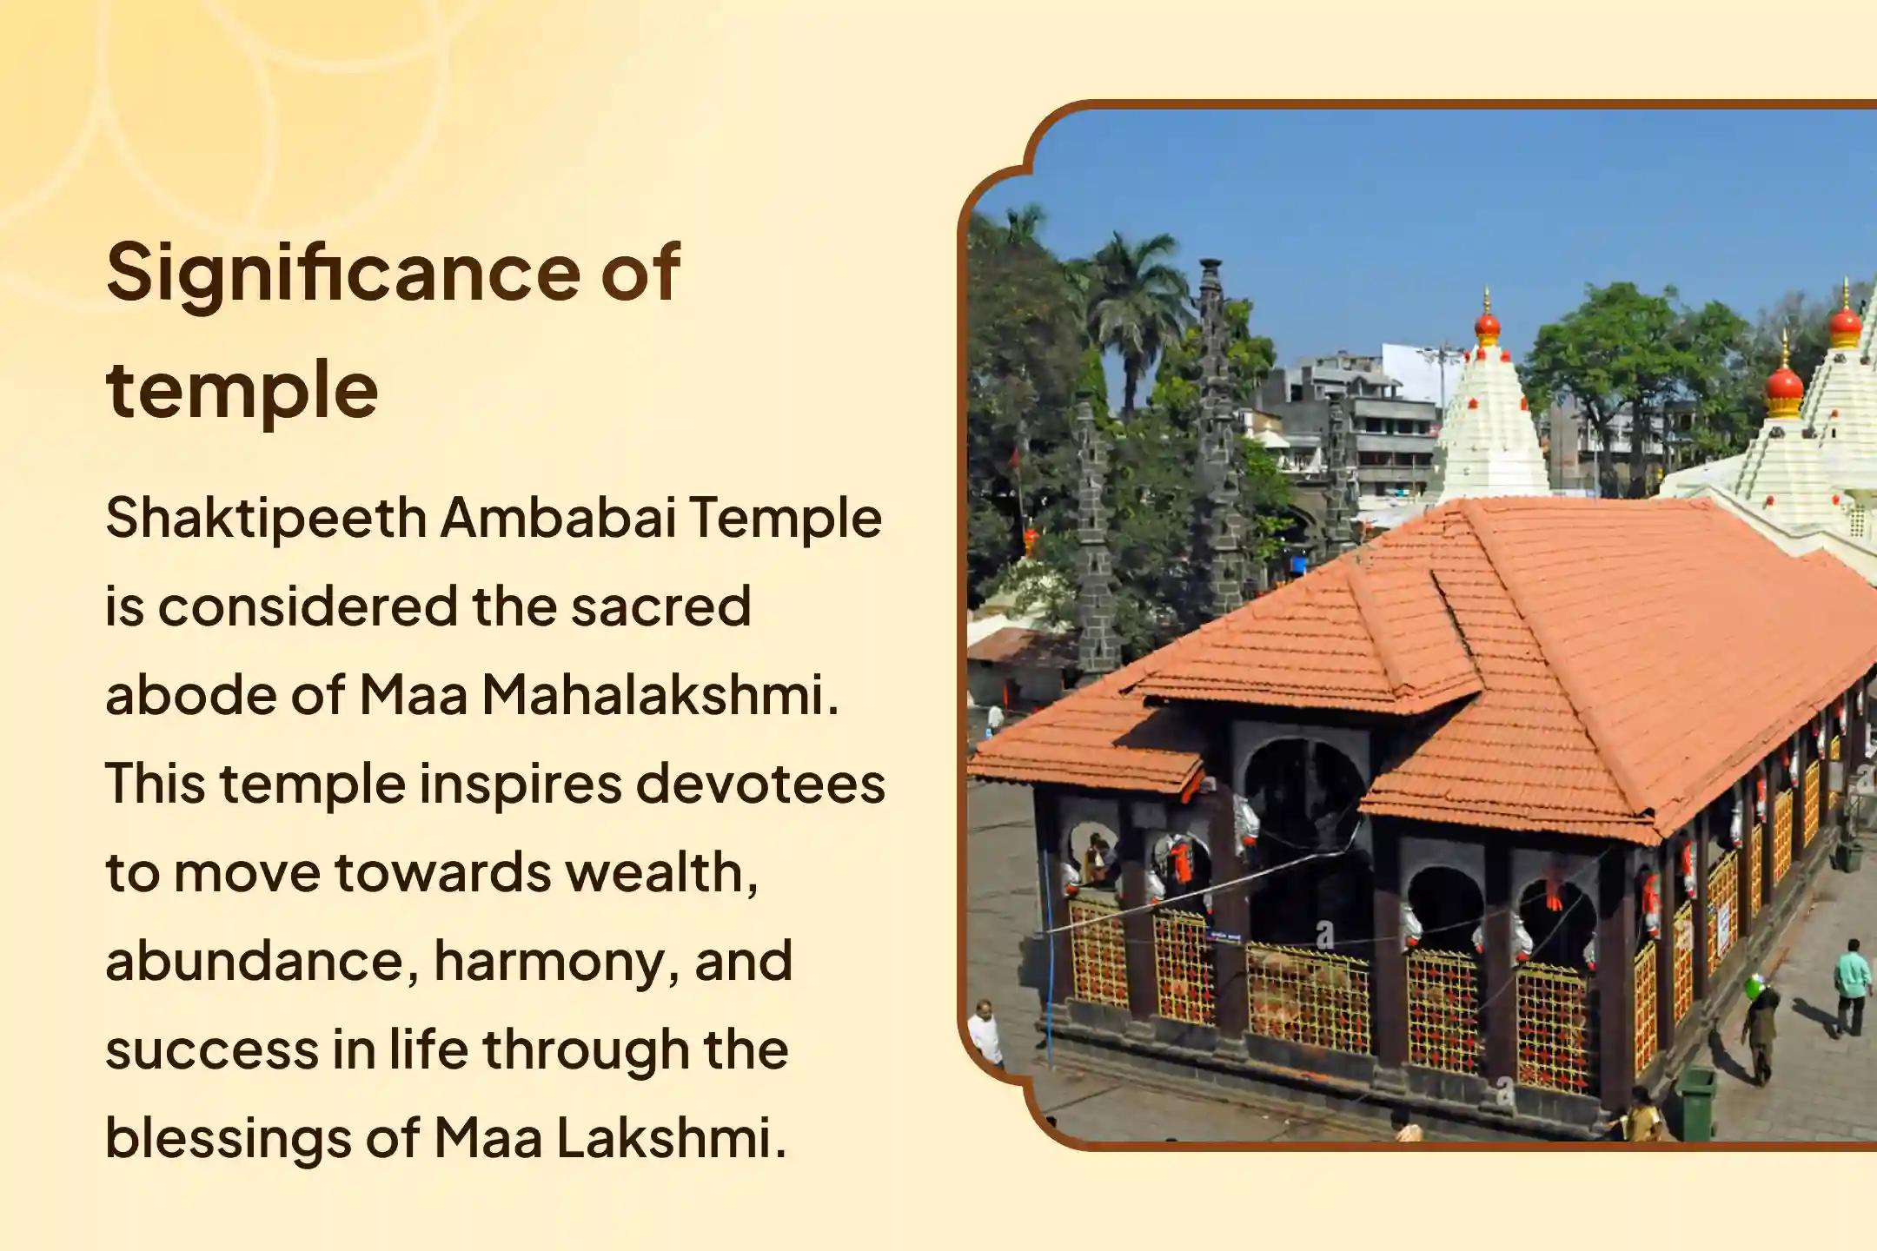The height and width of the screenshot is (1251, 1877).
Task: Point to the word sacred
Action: click(660, 606)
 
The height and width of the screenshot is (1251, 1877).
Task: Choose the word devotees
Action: click(761, 784)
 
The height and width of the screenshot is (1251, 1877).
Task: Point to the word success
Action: click(209, 1049)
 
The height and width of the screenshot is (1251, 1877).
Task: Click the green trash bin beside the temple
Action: click(1695, 1102)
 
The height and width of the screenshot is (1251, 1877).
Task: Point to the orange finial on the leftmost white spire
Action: click(1488, 327)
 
